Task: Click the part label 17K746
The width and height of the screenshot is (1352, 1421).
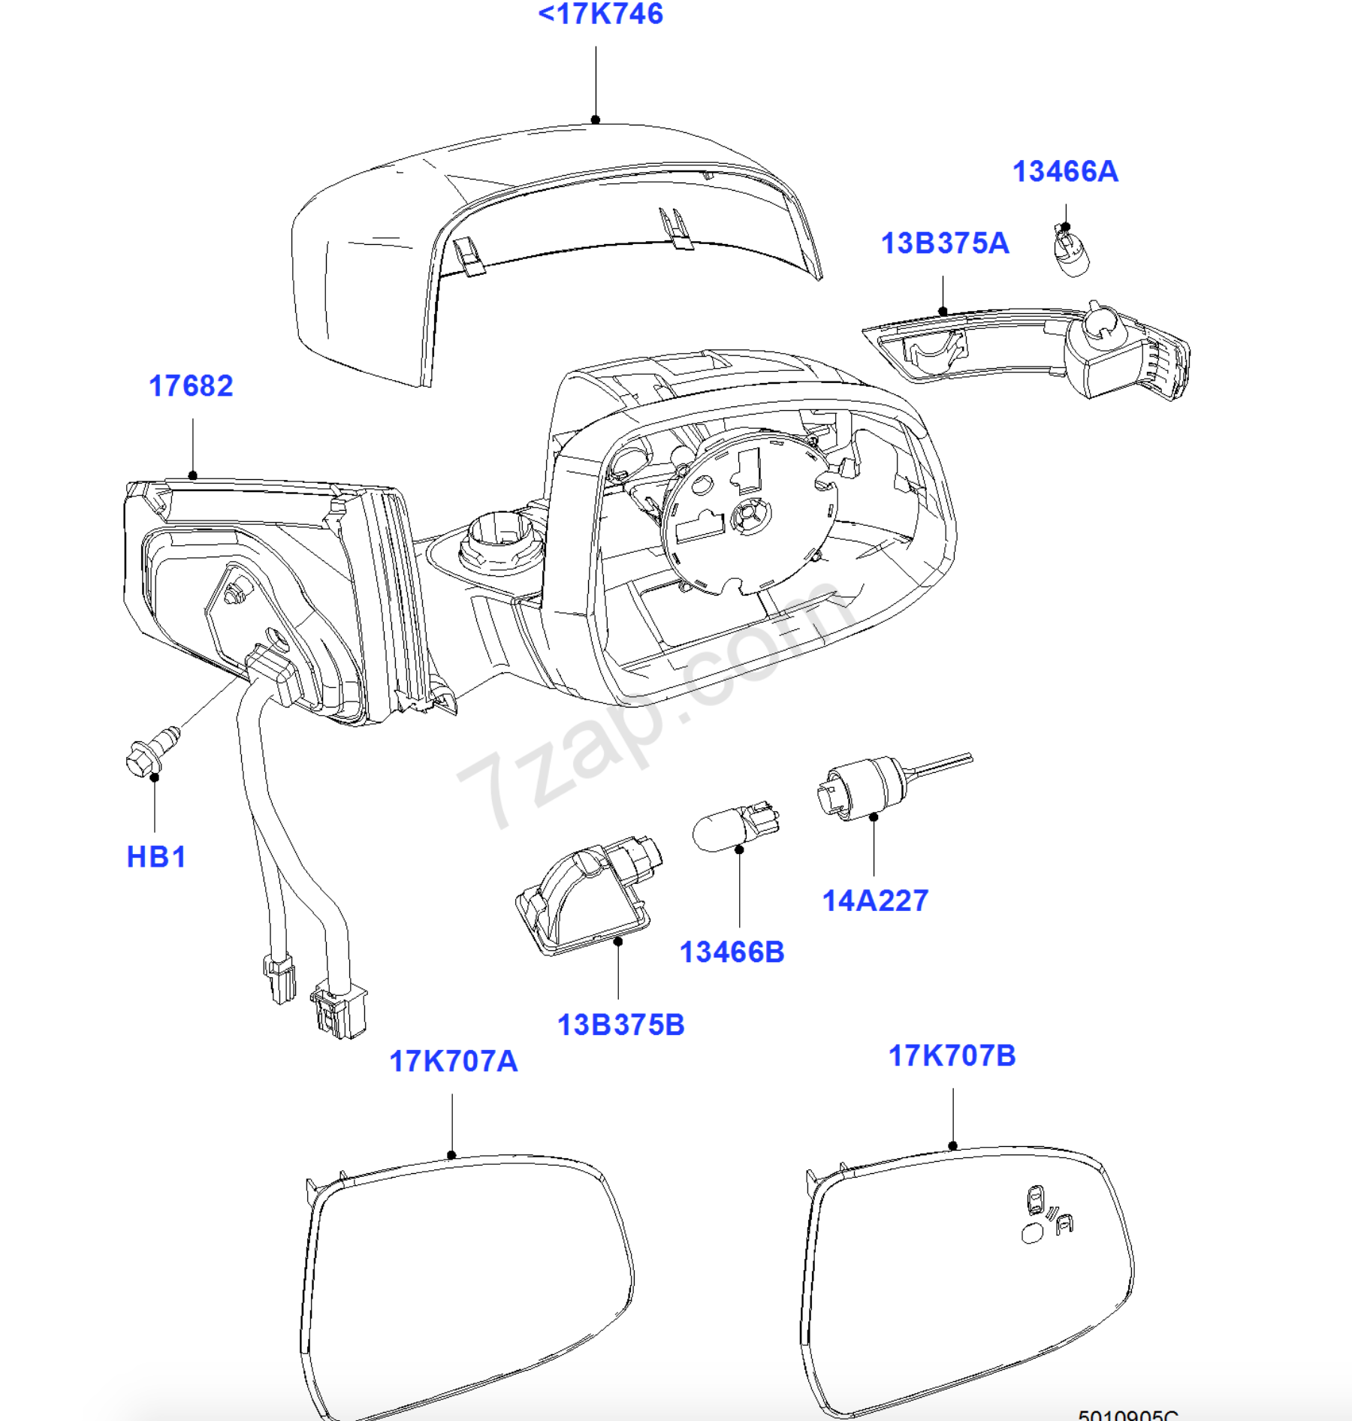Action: [601, 14]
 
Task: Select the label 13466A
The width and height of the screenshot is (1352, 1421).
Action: [1065, 172]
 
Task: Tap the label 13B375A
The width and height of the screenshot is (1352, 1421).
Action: [944, 243]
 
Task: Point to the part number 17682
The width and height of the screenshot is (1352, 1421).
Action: [191, 386]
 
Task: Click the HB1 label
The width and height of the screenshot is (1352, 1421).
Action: [155, 857]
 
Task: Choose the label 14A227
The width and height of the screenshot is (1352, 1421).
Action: [875, 901]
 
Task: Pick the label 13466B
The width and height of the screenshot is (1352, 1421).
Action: [732, 952]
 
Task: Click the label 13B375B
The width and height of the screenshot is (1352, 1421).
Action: [620, 1025]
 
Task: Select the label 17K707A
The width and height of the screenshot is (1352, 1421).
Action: [453, 1061]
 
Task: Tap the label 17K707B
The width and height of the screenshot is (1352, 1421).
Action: [952, 1056]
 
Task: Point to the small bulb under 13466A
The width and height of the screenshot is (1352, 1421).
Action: [1071, 252]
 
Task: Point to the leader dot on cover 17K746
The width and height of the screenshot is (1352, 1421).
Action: [596, 119]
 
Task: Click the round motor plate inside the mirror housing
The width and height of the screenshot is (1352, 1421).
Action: [748, 511]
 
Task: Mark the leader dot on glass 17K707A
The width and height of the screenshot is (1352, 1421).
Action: [451, 1155]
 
